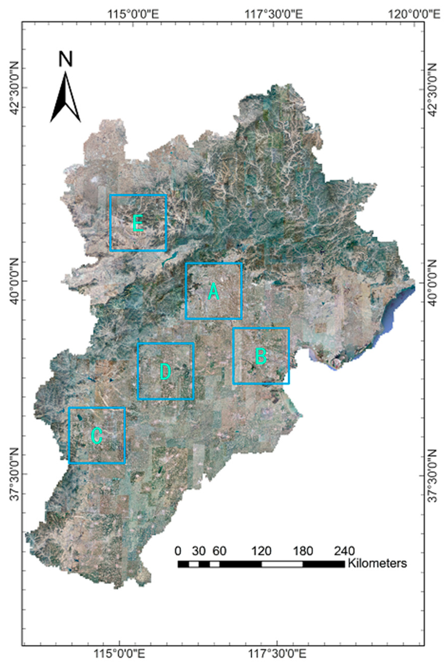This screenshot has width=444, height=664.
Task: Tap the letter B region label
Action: click(261, 356)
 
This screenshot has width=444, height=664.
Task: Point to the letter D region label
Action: click(165, 372)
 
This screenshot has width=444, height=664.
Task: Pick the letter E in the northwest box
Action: click(138, 223)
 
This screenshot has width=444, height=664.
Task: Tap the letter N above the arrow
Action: click(66, 59)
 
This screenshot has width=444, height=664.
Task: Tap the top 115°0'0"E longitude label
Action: click(133, 13)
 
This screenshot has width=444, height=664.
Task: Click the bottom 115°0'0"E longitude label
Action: click(120, 653)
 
